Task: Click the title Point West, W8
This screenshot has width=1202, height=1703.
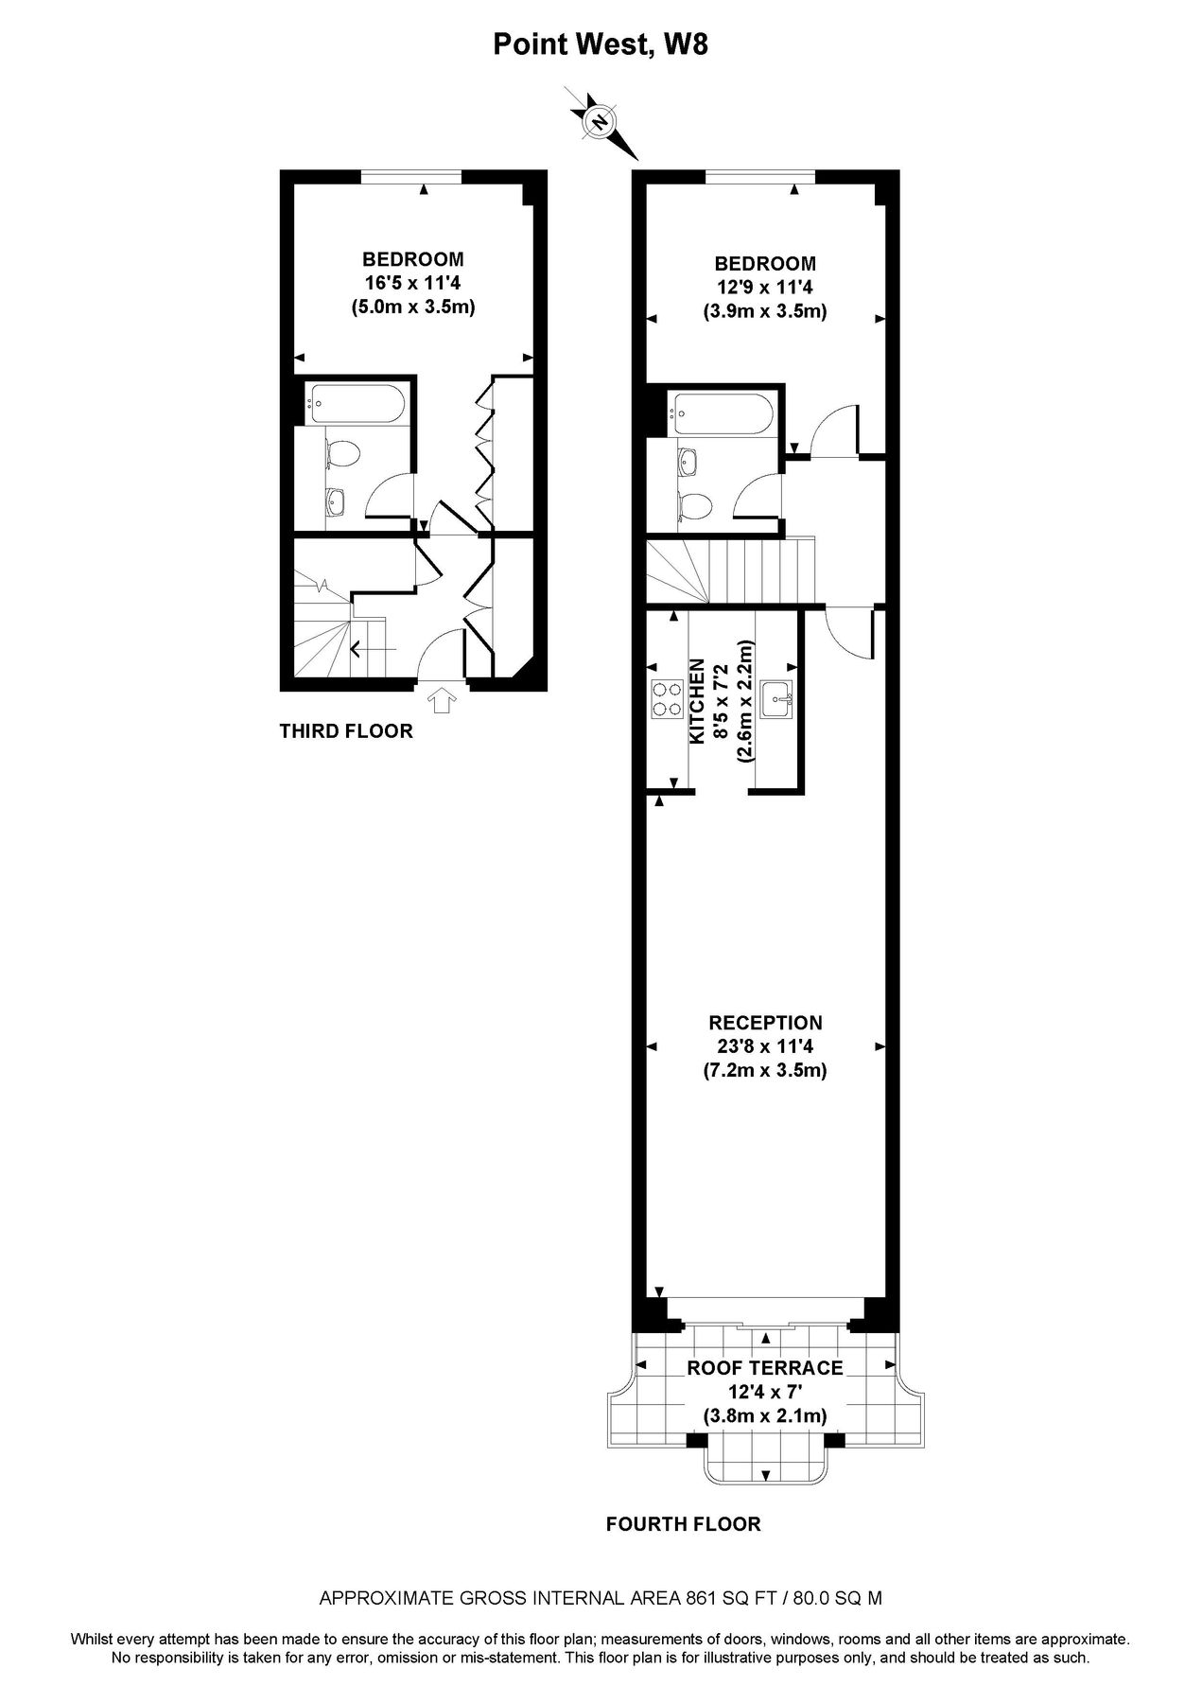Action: click(601, 44)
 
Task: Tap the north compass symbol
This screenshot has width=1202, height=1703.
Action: click(600, 122)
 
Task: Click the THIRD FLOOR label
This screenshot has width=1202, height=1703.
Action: click(346, 730)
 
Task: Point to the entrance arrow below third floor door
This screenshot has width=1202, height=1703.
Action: click(442, 700)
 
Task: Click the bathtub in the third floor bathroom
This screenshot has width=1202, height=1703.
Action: click(357, 404)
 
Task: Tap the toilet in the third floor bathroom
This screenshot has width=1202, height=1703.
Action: click(340, 455)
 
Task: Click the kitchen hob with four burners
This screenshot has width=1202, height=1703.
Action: click(666, 700)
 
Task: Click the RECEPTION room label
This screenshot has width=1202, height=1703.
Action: click(765, 1023)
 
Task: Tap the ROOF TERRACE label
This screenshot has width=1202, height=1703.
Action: click(764, 1368)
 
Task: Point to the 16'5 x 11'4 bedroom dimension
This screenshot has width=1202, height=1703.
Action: click(412, 282)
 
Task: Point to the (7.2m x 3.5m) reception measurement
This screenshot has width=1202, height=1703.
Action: click(764, 1071)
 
